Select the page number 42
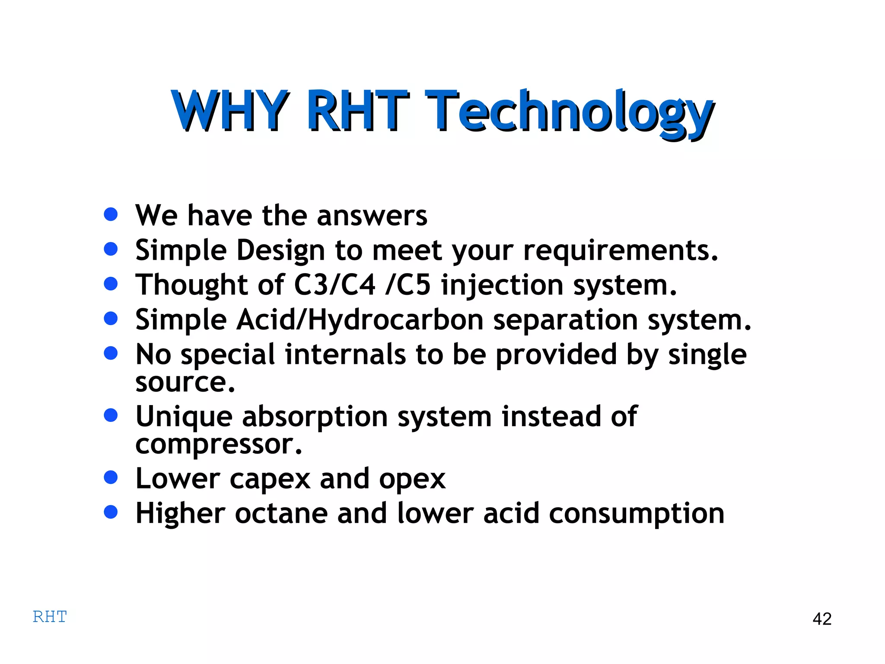(822, 619)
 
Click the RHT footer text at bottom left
(50, 617)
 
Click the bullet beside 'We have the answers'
(111, 214)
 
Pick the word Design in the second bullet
(280, 250)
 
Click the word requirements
(621, 250)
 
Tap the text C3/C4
(335, 285)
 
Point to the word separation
(565, 320)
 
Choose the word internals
(345, 354)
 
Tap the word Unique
(185, 417)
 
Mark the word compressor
(218, 444)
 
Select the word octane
(281, 514)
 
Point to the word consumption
(637, 514)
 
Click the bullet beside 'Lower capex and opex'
(111, 478)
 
